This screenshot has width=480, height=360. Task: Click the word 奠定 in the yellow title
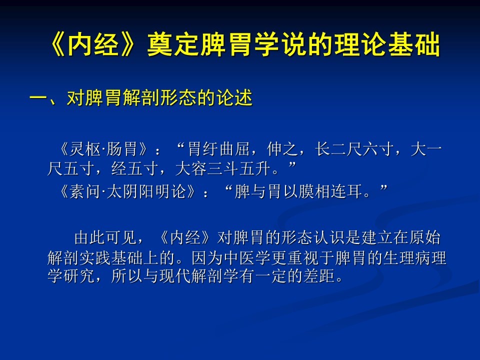174,44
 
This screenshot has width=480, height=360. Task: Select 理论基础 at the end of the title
387,44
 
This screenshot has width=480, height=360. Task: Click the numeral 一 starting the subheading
39,98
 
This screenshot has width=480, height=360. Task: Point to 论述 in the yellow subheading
234,98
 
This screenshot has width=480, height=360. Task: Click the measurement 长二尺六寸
354,149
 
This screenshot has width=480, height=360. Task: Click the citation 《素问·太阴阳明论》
127,191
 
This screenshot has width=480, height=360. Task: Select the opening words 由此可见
105,238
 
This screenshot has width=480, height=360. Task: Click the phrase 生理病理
415,258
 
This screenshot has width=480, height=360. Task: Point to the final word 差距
319,276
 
